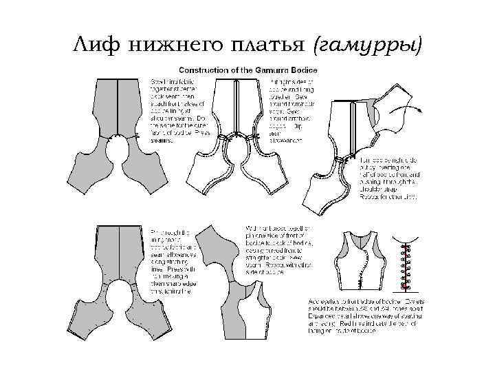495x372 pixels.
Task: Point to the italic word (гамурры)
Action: [x=367, y=46]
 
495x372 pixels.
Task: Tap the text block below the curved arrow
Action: [x=388, y=178]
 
